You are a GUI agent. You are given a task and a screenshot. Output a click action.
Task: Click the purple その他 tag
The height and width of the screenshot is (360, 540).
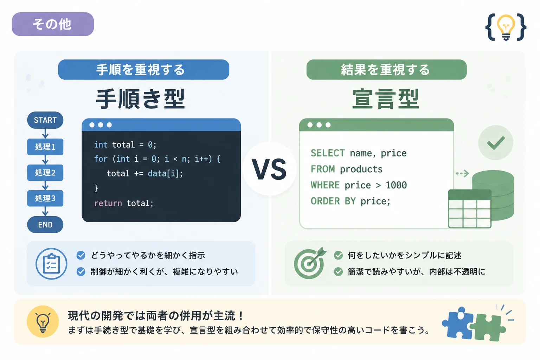point(53,24)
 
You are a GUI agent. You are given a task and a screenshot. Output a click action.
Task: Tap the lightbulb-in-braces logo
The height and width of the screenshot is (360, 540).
point(506,27)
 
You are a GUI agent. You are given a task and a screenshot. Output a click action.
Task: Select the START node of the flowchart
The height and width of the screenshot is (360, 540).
point(45,120)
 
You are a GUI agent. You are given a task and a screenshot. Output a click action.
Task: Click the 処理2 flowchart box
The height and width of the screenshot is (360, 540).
point(45,173)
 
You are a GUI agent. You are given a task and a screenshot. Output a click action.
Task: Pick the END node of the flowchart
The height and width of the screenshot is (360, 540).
point(45,225)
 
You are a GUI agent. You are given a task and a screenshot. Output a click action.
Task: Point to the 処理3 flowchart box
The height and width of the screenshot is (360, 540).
point(45,198)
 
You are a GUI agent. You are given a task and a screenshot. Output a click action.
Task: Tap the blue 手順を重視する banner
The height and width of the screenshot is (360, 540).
point(144,70)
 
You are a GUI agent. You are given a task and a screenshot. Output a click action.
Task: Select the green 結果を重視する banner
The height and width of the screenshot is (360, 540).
point(386,70)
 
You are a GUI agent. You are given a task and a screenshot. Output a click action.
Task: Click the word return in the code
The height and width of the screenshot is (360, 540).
point(108,203)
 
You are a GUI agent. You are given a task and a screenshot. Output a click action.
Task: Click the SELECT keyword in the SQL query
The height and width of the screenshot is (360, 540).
point(328,153)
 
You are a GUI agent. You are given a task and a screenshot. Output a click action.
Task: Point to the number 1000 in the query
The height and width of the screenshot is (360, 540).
point(396,185)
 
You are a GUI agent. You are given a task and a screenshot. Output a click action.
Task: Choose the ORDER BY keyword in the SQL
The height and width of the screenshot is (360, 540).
point(333,201)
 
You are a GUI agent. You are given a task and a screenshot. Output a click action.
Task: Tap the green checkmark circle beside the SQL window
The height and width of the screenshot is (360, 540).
point(496,142)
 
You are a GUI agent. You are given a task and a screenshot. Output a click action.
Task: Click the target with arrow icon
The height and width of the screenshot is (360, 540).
point(309,263)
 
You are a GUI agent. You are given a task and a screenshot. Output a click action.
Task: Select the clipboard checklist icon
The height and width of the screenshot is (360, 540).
point(51,264)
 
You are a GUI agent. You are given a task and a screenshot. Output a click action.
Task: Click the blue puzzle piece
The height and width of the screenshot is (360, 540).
point(457,323)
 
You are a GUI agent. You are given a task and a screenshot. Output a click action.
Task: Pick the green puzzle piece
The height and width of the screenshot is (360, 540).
point(488,327)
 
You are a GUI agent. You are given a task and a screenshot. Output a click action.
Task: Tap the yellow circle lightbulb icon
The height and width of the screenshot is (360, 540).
point(43,321)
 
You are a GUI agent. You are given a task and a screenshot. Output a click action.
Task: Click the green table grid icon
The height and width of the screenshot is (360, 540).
point(470,209)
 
